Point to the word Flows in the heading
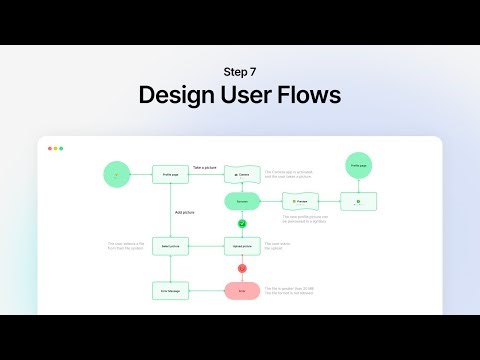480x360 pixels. click(311, 96)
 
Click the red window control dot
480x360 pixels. click(47, 148)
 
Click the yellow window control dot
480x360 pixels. click(54, 148)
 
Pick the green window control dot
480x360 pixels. click(61, 148)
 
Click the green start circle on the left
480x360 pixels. click(118, 174)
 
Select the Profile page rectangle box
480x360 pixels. click(170, 174)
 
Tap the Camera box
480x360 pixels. click(242, 174)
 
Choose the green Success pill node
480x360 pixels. click(242, 201)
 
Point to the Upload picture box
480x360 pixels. click(242, 245)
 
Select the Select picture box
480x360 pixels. click(170, 245)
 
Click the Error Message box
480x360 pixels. click(170, 291)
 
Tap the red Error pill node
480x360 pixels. click(242, 291)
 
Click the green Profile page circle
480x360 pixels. click(358, 166)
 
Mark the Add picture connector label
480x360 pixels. click(185, 213)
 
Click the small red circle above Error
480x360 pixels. click(242, 268)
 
